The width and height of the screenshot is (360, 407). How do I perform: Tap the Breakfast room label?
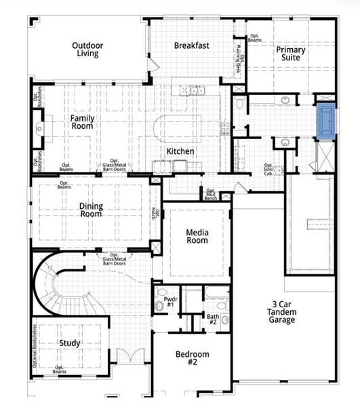(191, 46)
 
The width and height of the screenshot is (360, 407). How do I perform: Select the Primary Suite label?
(290, 54)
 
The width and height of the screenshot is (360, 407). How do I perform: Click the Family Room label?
(83, 121)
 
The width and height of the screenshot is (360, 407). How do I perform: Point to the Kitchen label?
(180, 151)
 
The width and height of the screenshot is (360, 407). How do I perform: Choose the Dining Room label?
(90, 209)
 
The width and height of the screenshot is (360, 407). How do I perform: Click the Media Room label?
(197, 236)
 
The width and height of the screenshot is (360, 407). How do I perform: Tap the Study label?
(69, 343)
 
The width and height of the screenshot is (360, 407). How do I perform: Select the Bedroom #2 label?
(192, 358)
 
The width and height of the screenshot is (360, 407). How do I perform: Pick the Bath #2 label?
(212, 318)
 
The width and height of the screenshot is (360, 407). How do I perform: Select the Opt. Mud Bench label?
(210, 195)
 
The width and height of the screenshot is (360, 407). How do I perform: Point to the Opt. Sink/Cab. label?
(270, 169)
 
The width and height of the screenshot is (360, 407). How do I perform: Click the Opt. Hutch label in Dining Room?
(155, 214)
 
